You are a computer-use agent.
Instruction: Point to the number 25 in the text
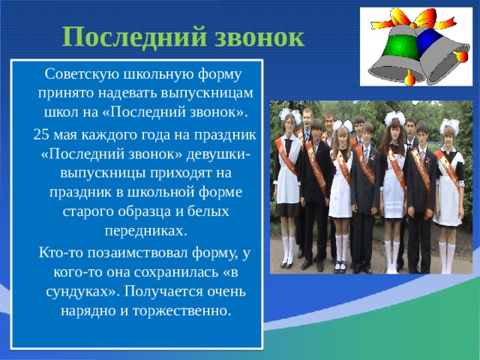(41, 134)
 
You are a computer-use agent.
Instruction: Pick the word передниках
(145, 231)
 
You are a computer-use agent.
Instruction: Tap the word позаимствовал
(138, 253)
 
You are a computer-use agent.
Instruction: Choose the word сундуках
(82, 292)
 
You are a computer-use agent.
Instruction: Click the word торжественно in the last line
(181, 311)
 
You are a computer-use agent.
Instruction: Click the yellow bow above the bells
(413, 18)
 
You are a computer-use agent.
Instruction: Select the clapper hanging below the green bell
(410, 79)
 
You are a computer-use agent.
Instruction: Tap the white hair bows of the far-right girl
(449, 125)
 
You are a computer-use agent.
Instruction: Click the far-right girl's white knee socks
(447, 257)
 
